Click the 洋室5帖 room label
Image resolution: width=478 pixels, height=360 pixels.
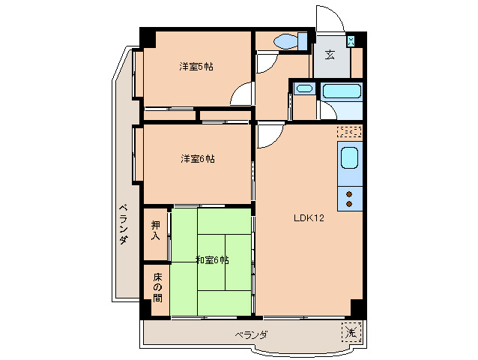coord(196,67)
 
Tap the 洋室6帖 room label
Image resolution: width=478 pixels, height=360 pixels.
coord(197,159)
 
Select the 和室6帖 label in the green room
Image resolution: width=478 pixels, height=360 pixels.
coord(212,260)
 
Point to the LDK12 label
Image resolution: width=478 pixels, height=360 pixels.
coord(308,218)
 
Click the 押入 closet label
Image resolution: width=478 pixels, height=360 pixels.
coord(156,230)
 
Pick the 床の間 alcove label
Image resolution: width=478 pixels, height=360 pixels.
coord(157,287)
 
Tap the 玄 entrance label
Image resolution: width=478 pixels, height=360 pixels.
coord(330,54)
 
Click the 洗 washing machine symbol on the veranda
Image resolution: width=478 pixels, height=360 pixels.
coord(351,331)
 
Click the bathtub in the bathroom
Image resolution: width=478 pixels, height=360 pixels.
coord(342,91)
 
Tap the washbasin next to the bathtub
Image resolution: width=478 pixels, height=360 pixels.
coord(303,88)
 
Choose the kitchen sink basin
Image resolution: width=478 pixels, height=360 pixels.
coord(349,159)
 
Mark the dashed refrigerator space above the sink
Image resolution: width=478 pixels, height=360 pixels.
coord(349,132)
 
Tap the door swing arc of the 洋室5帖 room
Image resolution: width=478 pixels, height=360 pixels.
coord(241,95)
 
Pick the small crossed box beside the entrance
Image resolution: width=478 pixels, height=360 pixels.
coord(351,41)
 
